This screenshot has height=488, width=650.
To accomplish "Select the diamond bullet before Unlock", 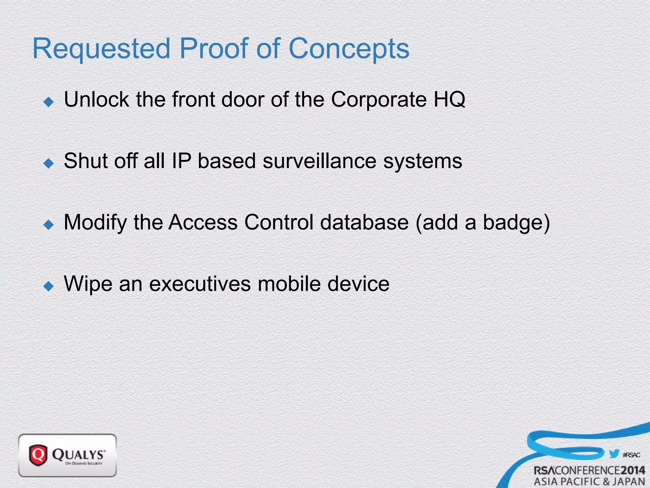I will click(49, 102).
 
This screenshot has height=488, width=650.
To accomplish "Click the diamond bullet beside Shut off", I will click(49, 163).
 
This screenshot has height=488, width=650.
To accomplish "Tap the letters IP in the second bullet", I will click(181, 161).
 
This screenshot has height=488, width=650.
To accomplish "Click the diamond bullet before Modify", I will click(49, 225).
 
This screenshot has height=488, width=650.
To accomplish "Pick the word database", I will click(364, 222).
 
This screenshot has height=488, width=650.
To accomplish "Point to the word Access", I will click(203, 222).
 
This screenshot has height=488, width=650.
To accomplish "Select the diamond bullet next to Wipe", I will click(49, 286).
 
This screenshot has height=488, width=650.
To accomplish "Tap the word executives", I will click(200, 284).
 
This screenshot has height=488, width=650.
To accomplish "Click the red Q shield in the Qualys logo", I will click(38, 455).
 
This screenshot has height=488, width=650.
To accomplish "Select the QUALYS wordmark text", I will click(78, 454).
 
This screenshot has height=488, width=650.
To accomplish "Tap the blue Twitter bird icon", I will click(614, 453).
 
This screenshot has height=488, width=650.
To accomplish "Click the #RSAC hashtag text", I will click(631, 455).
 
